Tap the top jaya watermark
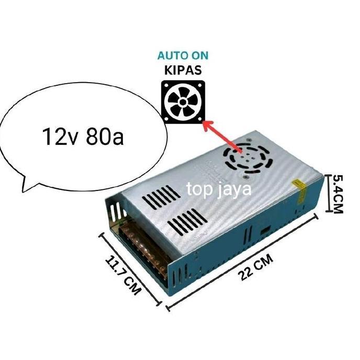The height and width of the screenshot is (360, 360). (x=219, y=189)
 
